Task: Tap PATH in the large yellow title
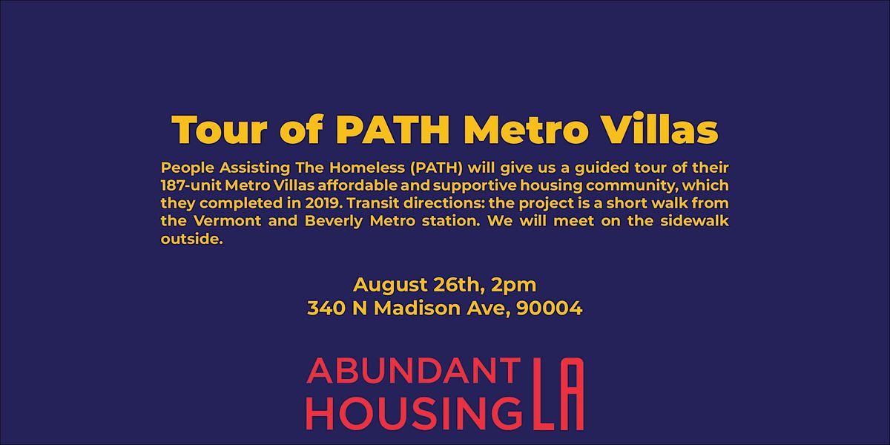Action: click(397, 131)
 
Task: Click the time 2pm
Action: click(513, 285)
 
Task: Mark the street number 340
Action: click(325, 309)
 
